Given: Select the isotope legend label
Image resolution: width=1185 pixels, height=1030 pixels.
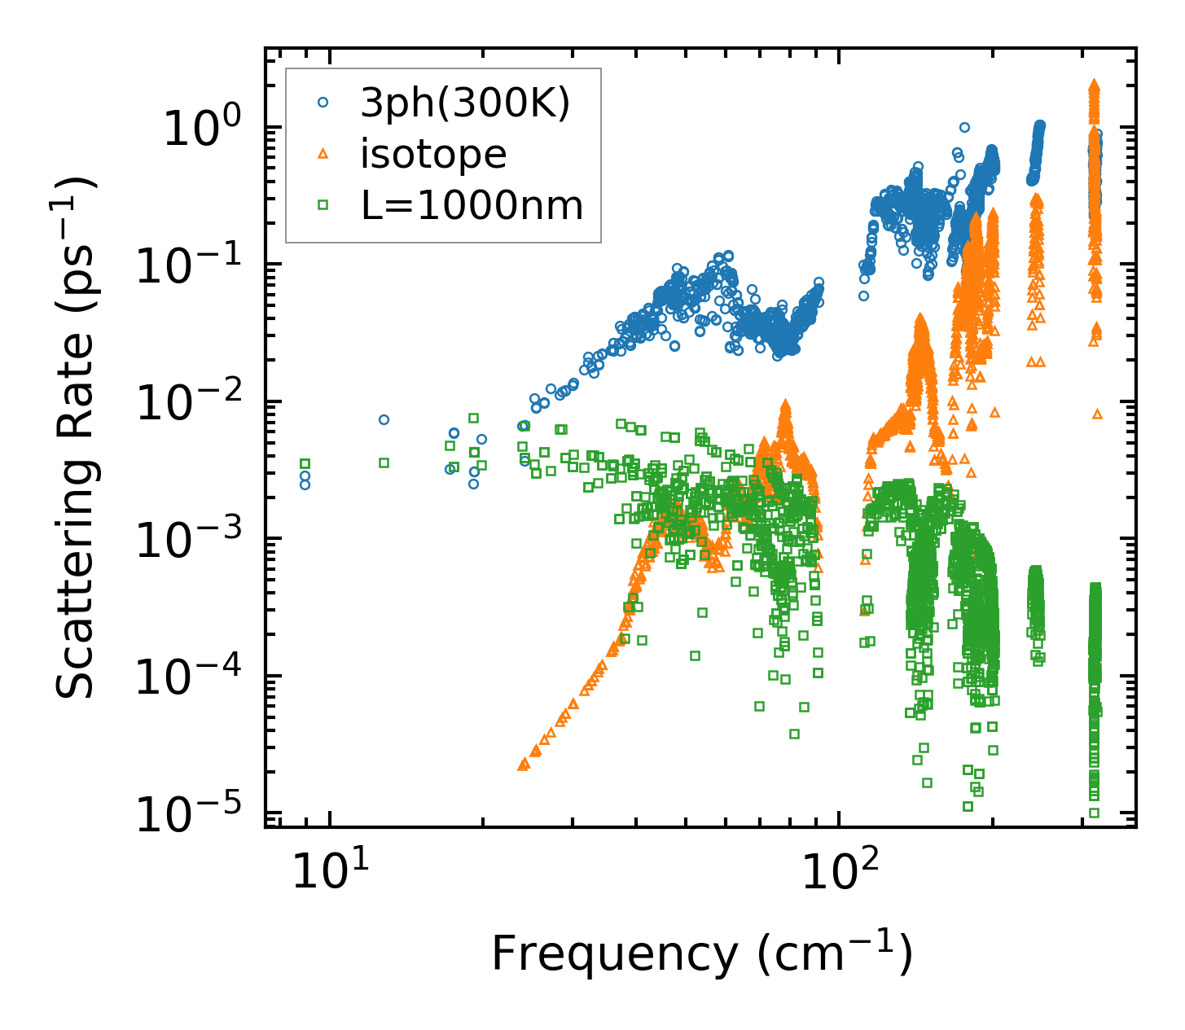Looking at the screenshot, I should [433, 154].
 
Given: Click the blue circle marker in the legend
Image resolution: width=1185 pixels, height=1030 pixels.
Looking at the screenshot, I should [323, 103].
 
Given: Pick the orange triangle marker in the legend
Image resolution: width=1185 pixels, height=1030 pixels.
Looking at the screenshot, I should [323, 154].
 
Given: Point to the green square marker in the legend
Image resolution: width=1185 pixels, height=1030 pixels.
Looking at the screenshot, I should [323, 205].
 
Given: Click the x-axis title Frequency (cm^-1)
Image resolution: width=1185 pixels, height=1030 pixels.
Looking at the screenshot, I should [701, 953].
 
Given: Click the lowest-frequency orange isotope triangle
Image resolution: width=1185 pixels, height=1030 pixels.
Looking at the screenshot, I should [523, 765].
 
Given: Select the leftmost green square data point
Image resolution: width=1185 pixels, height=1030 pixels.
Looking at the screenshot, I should [305, 463].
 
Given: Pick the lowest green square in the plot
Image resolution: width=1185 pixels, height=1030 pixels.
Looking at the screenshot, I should [1094, 813].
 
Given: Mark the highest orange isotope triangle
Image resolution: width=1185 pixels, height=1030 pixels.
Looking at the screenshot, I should [1094, 84].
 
